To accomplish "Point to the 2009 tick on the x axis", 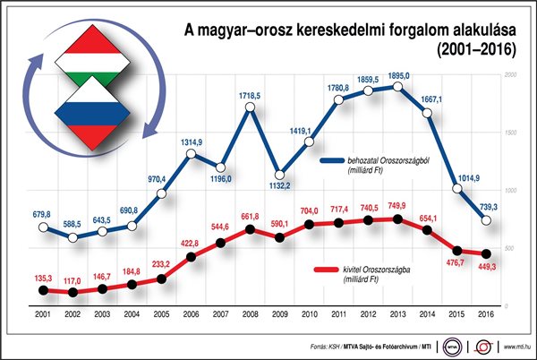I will point(280,314).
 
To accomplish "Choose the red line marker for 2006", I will point(192,257).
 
